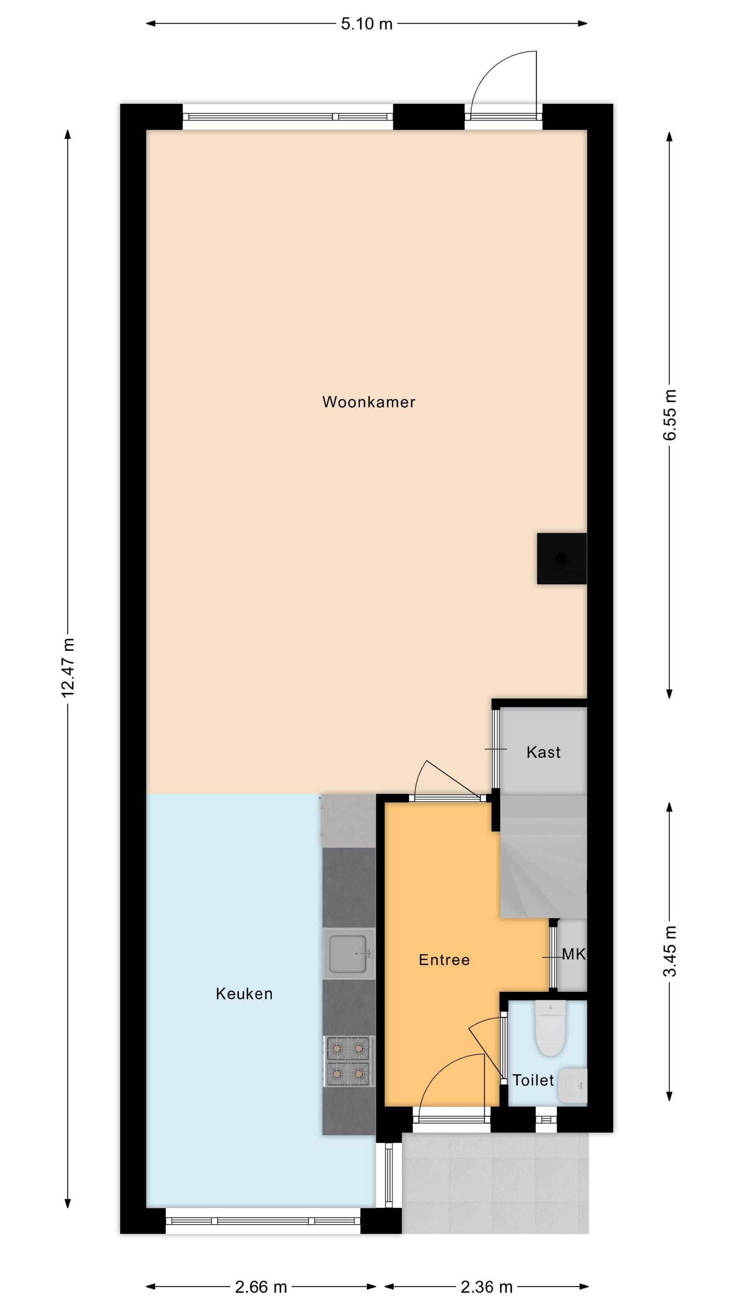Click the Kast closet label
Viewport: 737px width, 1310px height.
coord(543,752)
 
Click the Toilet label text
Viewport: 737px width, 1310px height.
coord(533,1080)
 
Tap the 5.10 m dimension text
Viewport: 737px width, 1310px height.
coord(366,24)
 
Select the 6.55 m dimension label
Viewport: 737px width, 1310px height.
coord(670,414)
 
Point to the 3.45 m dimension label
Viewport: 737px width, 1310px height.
coord(670,951)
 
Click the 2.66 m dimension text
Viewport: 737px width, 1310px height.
coord(261,1286)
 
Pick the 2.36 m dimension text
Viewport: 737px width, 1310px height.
coord(486,1286)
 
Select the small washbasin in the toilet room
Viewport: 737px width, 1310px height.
coord(572,1085)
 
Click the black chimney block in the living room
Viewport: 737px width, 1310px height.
coord(561,558)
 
